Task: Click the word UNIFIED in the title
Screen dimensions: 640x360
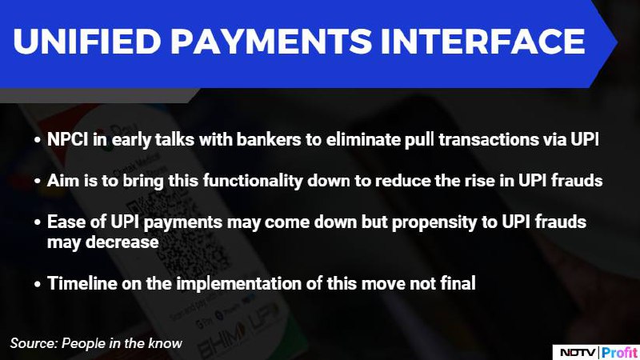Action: (87, 42)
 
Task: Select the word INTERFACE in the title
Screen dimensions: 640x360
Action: (483, 42)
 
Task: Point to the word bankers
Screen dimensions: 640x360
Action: (269, 139)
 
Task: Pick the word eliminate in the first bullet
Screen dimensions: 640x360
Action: (363, 139)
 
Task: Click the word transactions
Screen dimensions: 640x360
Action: (489, 139)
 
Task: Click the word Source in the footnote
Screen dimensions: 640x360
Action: (34, 343)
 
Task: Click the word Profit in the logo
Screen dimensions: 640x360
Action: (619, 353)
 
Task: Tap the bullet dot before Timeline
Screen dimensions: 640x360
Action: (38, 284)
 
